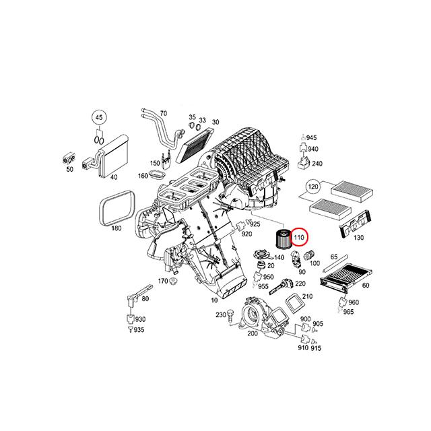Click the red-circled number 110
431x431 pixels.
coord(299,236)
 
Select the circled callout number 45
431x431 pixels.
coord(99,118)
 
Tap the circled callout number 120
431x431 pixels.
coord(312,186)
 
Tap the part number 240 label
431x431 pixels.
coord(318,164)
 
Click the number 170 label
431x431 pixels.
coord(162,281)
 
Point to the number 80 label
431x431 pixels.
coord(146,299)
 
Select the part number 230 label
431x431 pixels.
coord(218,314)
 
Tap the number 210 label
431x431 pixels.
coord(308,297)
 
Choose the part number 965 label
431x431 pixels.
coord(348,312)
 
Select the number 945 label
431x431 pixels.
coord(311,138)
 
